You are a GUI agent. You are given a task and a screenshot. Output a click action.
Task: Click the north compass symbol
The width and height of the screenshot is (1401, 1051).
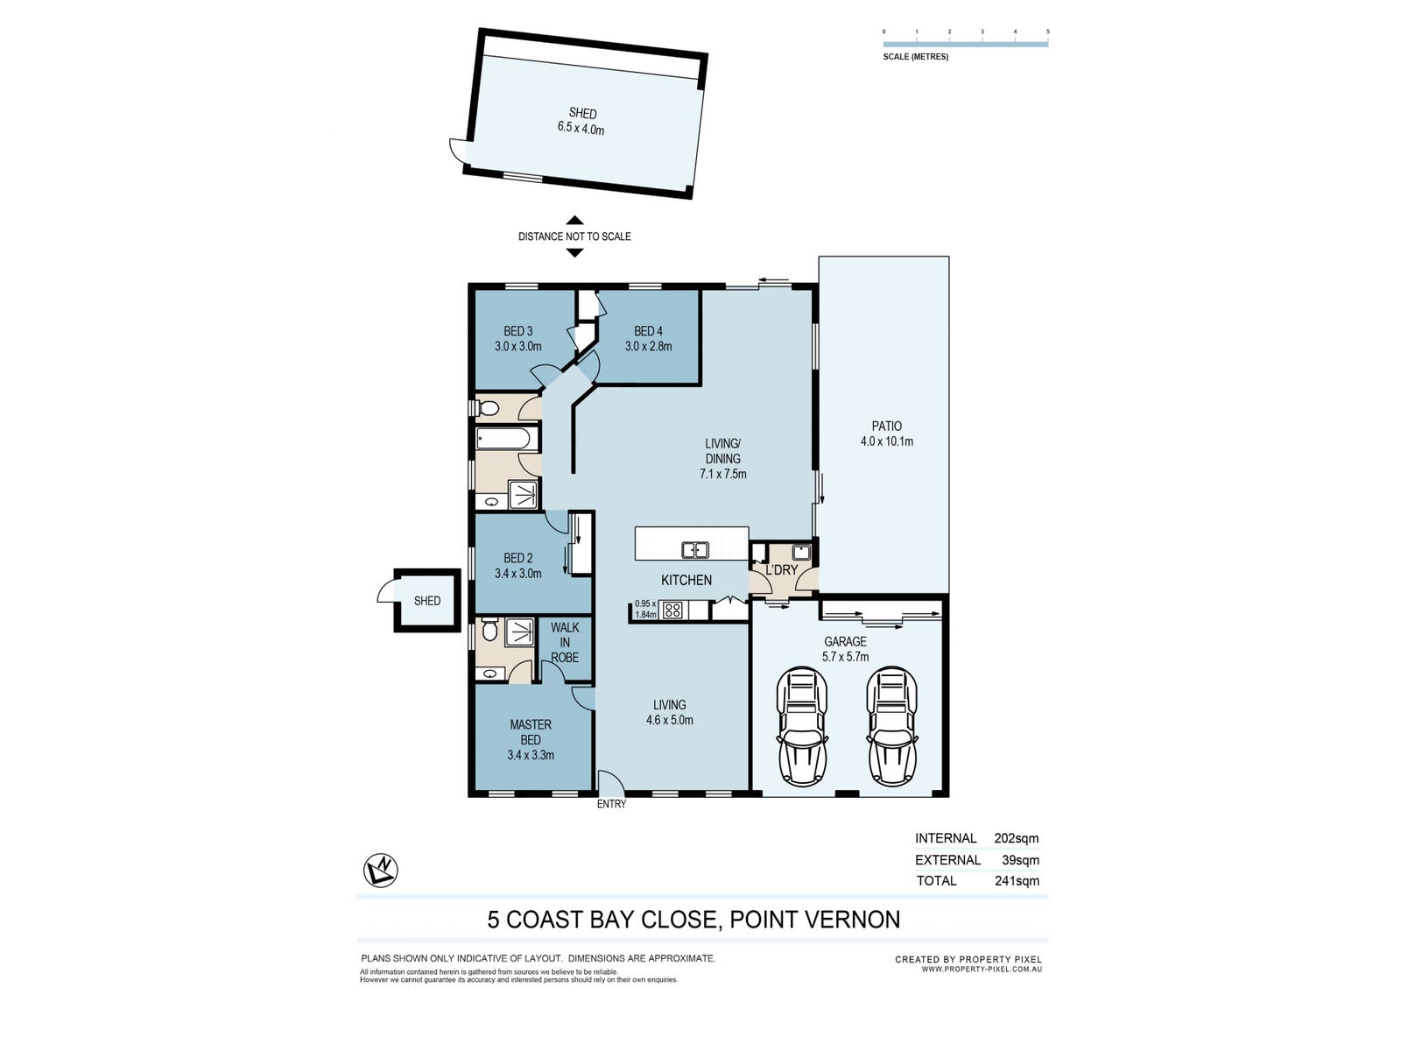coord(380,871)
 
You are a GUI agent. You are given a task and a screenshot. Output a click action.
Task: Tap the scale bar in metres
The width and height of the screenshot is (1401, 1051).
coord(965,44)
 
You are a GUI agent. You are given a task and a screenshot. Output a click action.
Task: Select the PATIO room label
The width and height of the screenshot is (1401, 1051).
coord(886,426)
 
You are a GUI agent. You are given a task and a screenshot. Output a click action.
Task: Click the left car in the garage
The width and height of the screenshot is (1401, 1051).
coord(802,727)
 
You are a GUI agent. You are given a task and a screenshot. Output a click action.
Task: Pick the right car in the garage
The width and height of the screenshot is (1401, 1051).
coord(891,727)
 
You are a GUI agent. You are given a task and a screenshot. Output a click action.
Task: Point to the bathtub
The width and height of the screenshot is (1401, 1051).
coord(503,439)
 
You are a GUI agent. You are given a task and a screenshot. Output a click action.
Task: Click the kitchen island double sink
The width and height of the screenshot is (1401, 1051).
coord(694,549)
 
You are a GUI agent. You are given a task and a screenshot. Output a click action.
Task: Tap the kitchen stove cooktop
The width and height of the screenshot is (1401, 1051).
coord(672,610)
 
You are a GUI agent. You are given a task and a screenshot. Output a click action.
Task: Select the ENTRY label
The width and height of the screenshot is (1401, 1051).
coord(611,804)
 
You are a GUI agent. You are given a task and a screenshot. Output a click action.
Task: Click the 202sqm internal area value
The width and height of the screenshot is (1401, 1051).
coord(1016,838)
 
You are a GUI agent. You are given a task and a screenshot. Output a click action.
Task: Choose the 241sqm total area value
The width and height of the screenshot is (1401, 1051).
coord(1017,880)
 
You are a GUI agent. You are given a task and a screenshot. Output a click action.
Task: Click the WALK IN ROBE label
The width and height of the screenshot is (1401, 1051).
coord(565,642)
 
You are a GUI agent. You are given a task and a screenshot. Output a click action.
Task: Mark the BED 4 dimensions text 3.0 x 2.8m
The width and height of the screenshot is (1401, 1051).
coord(649,347)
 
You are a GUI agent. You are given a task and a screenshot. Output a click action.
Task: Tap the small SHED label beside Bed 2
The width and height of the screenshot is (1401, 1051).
coord(427,601)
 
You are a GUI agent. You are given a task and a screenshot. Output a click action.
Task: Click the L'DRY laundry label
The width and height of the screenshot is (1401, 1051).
coord(781,569)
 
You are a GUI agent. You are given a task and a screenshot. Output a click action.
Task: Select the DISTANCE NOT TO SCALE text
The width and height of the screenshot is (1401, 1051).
coord(574,236)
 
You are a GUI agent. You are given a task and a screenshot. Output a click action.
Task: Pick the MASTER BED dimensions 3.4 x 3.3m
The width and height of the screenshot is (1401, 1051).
coord(531,755)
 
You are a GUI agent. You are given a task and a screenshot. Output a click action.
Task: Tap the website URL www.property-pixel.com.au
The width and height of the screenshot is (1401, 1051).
coord(982,969)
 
